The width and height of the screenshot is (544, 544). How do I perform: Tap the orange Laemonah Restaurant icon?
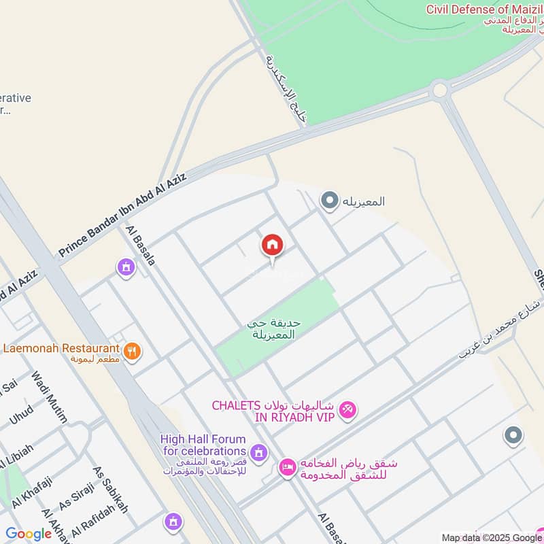click(133, 351)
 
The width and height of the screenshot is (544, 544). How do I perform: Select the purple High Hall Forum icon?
click(258, 452)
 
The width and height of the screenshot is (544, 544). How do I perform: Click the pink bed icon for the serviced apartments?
click(287, 467)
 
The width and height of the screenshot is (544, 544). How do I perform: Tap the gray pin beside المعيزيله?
click(330, 201)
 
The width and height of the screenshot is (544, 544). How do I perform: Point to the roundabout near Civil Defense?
click(439, 89)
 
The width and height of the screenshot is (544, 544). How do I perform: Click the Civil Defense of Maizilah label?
click(485, 10)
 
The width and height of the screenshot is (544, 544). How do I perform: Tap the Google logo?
click(29, 534)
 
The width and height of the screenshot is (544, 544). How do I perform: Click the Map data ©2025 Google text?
click(490, 537)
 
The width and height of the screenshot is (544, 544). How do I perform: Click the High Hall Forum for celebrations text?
click(203, 445)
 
